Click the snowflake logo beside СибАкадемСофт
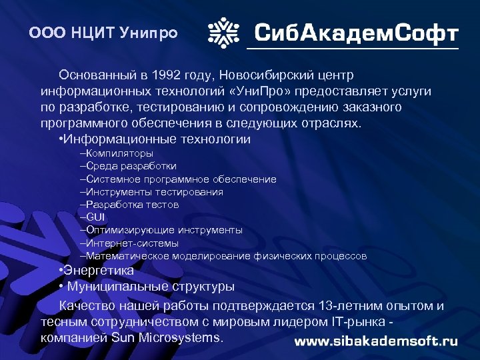(x=225, y=32)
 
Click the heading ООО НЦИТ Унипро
(x=104, y=33)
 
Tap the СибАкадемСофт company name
(x=357, y=33)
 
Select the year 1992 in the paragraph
(x=168, y=73)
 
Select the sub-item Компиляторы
(x=119, y=153)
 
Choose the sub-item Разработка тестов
(x=132, y=205)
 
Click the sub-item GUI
(x=95, y=217)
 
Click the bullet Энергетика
(x=98, y=271)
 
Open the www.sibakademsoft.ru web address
(x=376, y=341)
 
